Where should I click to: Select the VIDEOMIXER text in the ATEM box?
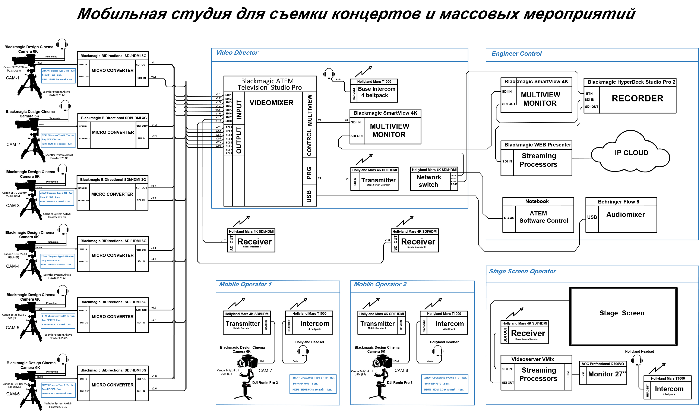[x=271, y=103]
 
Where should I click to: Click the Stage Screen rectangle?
[x=623, y=316]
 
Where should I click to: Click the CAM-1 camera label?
[x=12, y=78]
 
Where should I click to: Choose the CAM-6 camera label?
[x=13, y=394]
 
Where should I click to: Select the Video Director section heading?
[x=237, y=53]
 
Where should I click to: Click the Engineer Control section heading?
[x=516, y=54]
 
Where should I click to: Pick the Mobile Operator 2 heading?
[x=380, y=284]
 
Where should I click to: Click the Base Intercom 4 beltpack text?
[x=376, y=92]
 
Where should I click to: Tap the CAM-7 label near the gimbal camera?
[x=265, y=370]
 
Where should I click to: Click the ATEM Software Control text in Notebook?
[x=543, y=217]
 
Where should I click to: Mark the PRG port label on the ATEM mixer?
[x=309, y=173]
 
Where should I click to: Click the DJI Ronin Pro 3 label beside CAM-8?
[x=399, y=383]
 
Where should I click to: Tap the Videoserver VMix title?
[x=532, y=359]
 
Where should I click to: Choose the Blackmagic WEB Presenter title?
[x=538, y=145]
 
